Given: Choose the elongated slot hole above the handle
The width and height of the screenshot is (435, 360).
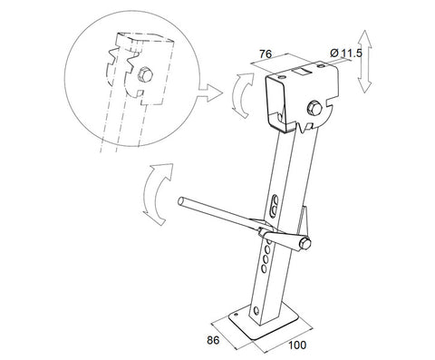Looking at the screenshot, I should (276, 206).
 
